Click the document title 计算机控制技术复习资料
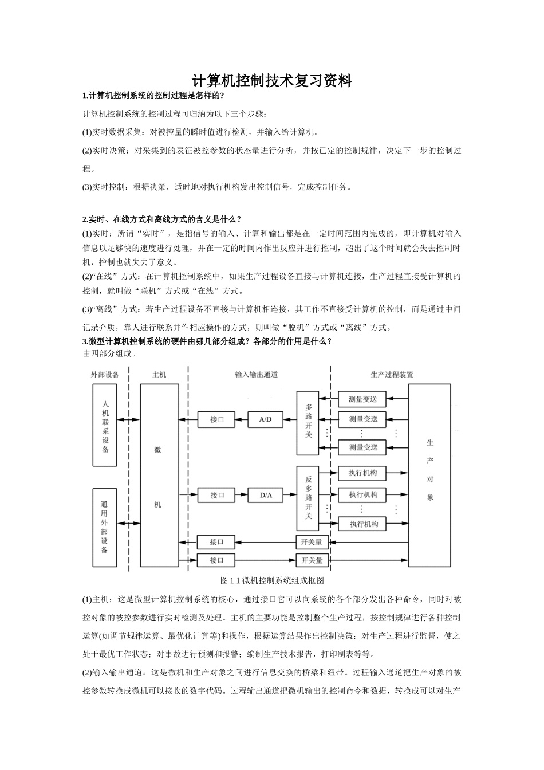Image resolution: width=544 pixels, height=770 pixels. click(x=271, y=81)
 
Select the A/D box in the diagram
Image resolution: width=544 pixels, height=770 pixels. click(x=265, y=419)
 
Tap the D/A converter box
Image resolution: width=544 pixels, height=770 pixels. click(x=265, y=495)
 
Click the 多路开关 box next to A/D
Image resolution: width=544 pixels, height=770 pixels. click(x=308, y=423)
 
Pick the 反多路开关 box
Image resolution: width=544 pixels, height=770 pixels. click(x=308, y=498)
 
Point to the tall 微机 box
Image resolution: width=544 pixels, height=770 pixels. click(x=159, y=475)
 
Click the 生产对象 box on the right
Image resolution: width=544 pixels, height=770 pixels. click(x=429, y=475)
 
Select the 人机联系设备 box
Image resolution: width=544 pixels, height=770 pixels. click(x=105, y=425)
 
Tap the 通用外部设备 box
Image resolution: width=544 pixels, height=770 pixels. click(x=105, y=528)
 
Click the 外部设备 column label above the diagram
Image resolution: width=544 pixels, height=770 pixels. click(x=105, y=374)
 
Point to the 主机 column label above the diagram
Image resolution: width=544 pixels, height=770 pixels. click(x=159, y=374)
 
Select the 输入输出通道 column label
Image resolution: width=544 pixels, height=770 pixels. click(x=257, y=374)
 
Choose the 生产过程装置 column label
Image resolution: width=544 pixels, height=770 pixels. click(x=392, y=374)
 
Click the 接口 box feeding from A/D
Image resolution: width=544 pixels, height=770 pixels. click(x=217, y=419)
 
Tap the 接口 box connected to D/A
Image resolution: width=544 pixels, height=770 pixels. click(x=217, y=495)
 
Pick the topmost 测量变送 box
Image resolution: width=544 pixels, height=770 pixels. click(x=362, y=399)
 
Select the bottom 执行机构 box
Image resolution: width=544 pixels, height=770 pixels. click(x=362, y=524)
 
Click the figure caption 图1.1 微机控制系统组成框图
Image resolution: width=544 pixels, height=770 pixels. click(x=272, y=580)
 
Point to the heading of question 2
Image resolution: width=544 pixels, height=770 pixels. click(x=162, y=219)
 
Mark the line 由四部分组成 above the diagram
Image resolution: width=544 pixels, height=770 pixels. click(x=109, y=353)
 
